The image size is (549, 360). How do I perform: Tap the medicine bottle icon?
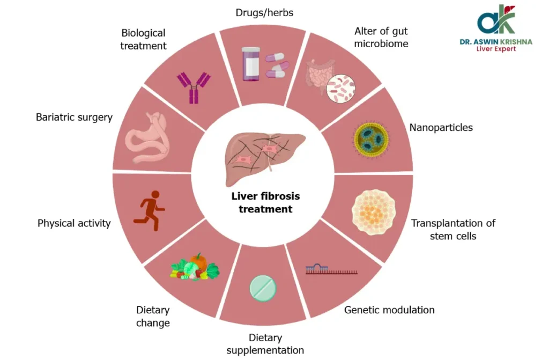[x=250, y=64]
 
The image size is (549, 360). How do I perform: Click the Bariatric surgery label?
[x=74, y=117]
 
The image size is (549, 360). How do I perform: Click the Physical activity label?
[x=74, y=223]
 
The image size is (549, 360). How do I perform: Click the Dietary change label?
[x=153, y=317]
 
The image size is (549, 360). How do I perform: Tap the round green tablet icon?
[x=263, y=288]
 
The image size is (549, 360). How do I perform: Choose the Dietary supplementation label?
[x=265, y=344]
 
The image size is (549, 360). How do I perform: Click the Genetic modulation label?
[x=389, y=310]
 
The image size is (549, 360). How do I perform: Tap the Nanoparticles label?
[x=441, y=128]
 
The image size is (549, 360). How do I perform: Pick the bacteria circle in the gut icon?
[x=342, y=88]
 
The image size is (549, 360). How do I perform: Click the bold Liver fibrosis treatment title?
[x=265, y=203]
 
